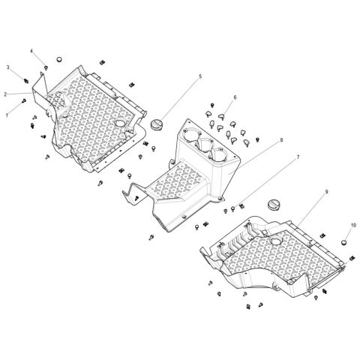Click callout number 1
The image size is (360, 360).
8,115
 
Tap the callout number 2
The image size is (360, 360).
5,94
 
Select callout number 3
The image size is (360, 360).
8,67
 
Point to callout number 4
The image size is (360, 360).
31,51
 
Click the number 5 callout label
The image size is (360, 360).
200,76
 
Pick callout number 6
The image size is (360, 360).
235,97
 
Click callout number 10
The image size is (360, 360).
353,226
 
